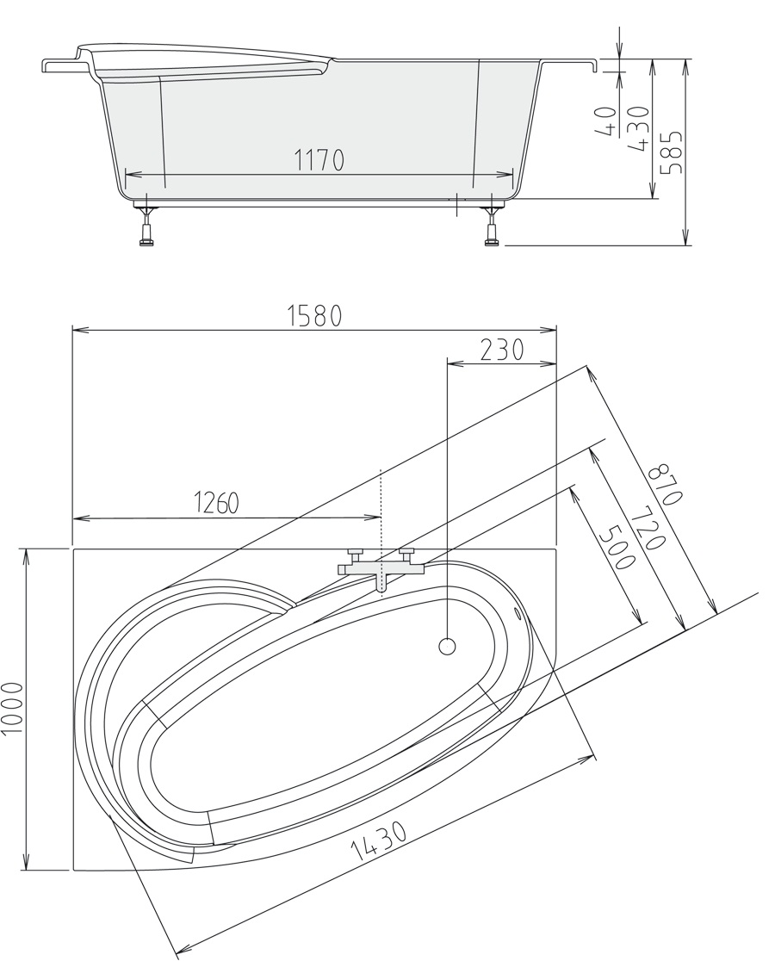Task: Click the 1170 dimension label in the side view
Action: [x=319, y=160]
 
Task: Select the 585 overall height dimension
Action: [x=672, y=152]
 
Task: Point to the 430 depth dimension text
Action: [x=639, y=128]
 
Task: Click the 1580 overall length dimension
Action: [x=314, y=316]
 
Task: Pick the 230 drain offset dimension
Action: [x=501, y=350]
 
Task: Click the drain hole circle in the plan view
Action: [x=447, y=647]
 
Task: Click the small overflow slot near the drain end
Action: [x=518, y=613]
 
